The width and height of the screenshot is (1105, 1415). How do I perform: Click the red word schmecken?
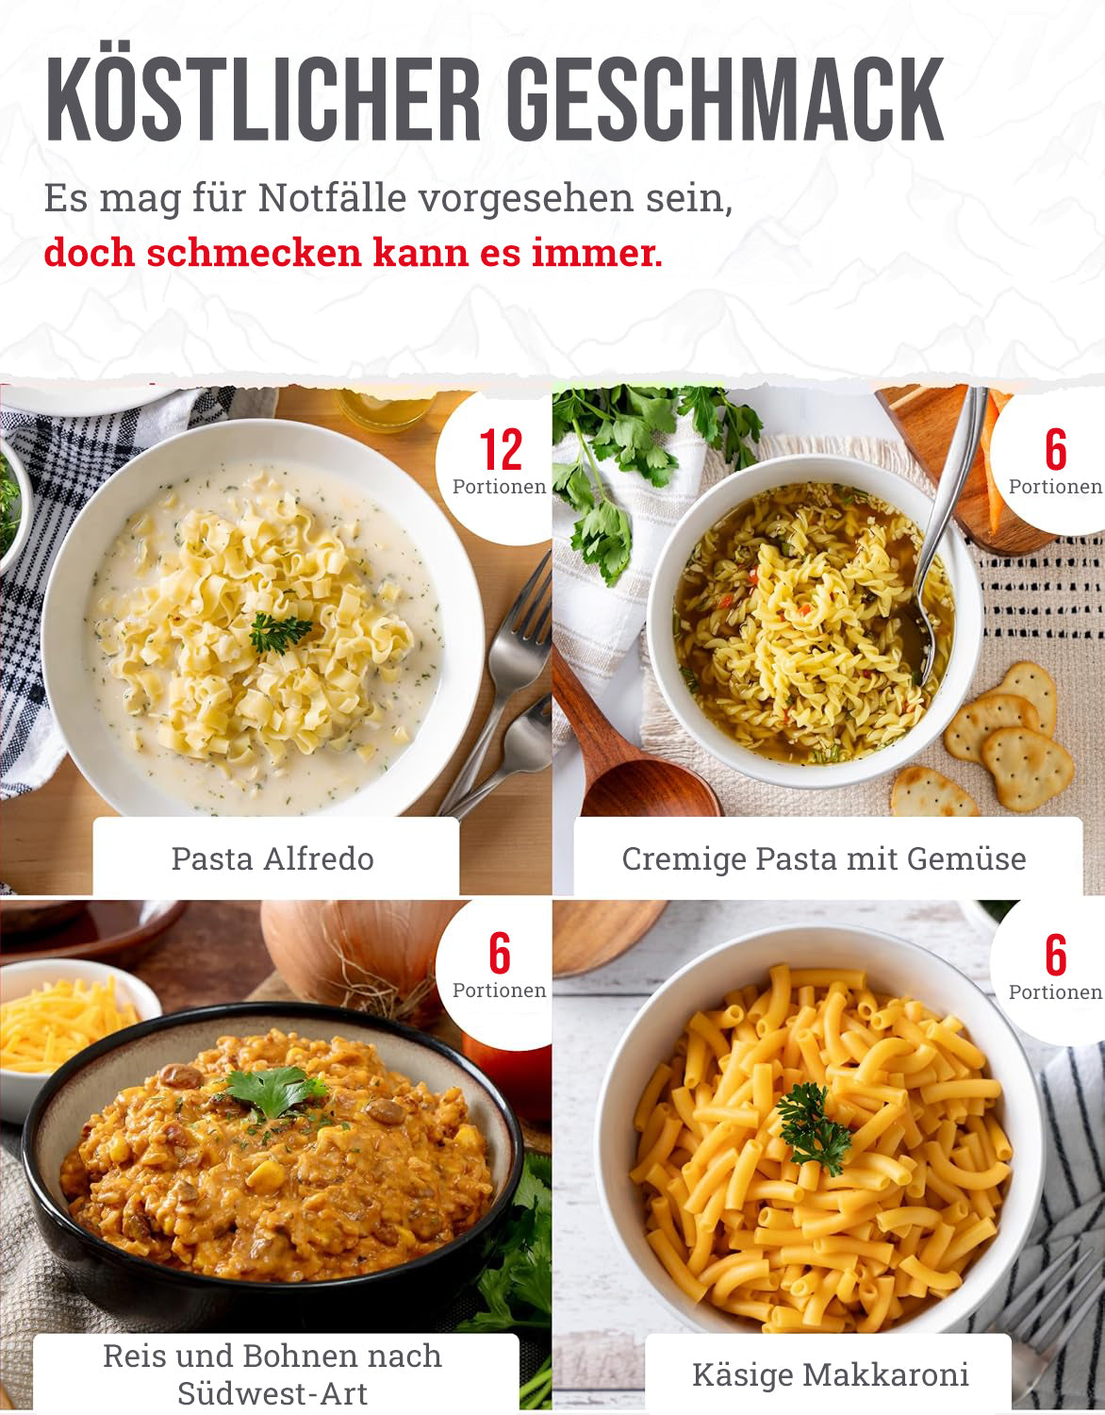click(x=254, y=253)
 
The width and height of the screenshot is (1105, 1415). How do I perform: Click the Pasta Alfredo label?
click(x=272, y=858)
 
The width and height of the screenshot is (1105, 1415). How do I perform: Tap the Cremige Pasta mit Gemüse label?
click(x=824, y=858)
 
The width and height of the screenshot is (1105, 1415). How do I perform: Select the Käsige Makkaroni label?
click(x=831, y=1374)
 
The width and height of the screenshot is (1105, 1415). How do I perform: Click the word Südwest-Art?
click(x=272, y=1394)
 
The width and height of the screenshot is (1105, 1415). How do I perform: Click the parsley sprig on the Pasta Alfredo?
click(x=280, y=631)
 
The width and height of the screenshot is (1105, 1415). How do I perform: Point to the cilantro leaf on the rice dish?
click(x=274, y=1088)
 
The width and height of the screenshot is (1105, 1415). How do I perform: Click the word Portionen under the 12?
click(x=499, y=487)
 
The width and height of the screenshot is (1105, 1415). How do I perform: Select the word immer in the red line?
click(x=597, y=253)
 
